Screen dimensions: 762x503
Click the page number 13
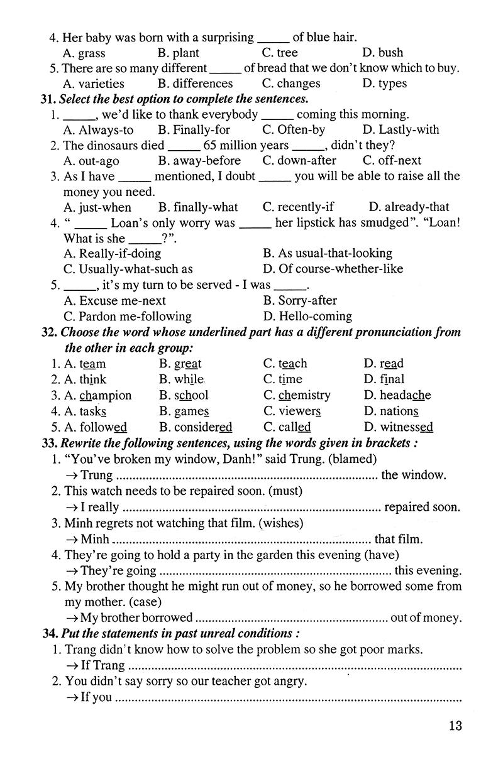pyautogui.click(x=455, y=726)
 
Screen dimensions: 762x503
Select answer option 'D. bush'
pyautogui.click(x=383, y=53)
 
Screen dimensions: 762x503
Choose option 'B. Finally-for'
pyautogui.click(x=194, y=130)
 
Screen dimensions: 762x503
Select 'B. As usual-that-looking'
pyautogui.click(x=328, y=254)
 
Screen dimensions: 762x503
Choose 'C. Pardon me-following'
pyautogui.click(x=128, y=316)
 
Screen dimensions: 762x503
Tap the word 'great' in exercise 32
pyautogui.click(x=188, y=364)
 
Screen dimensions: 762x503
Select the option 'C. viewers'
pyautogui.click(x=292, y=411)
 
